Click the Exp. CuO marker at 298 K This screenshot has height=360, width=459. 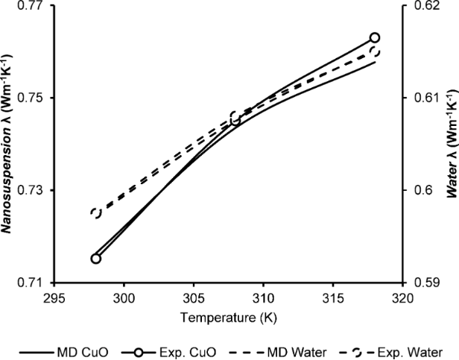tap(95, 258)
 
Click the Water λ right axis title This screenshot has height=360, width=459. tap(450, 144)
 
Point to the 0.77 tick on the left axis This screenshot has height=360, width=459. tap(34, 6)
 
